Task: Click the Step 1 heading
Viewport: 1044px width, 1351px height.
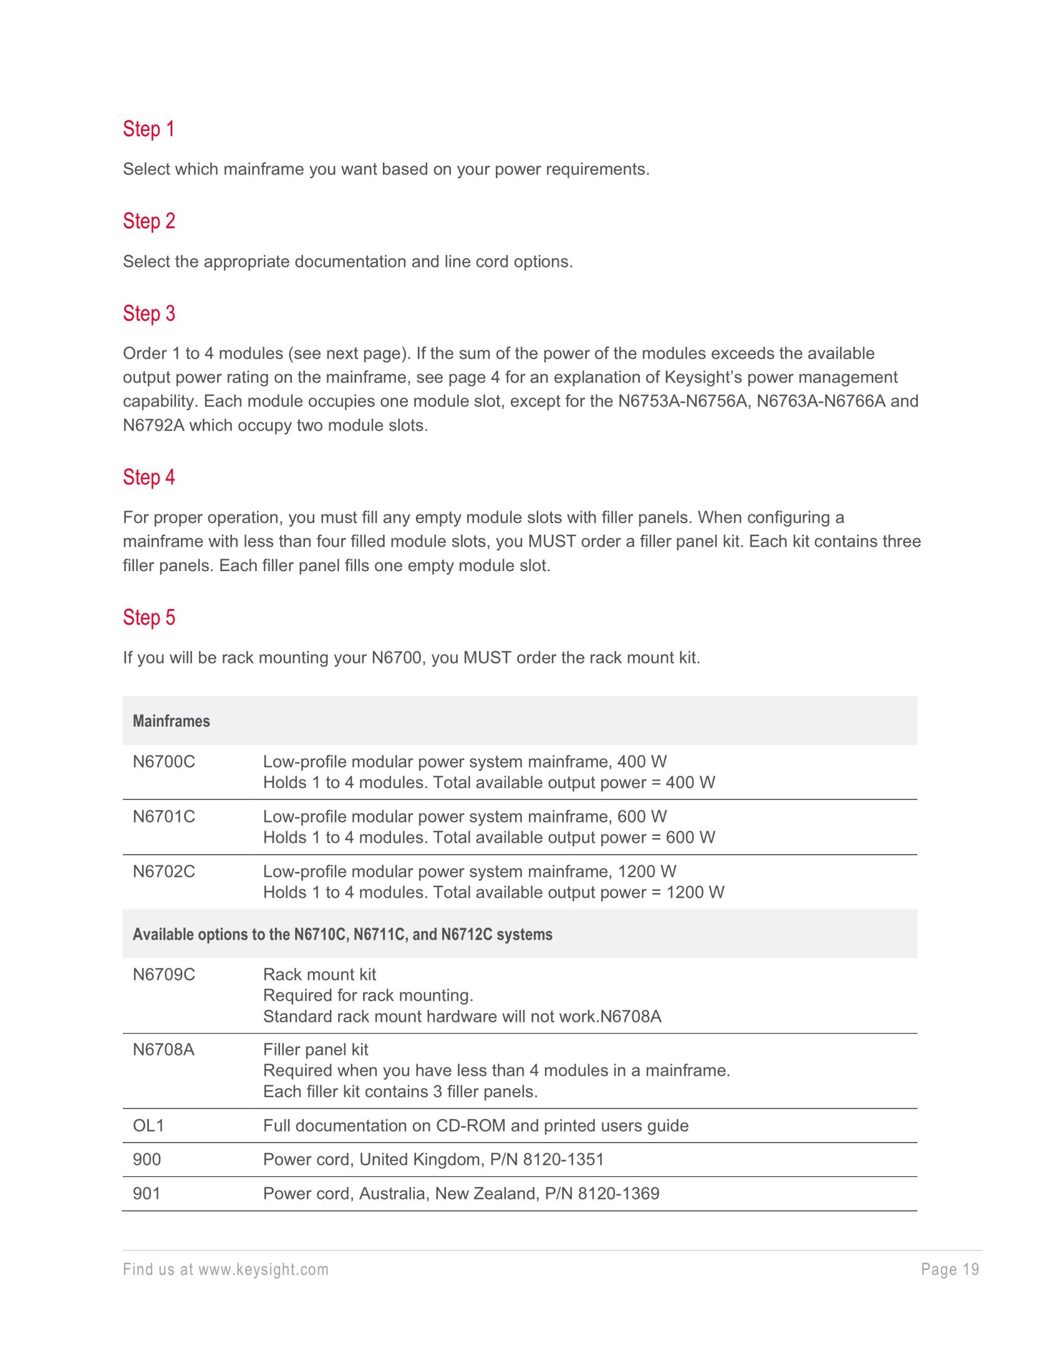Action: [148, 129]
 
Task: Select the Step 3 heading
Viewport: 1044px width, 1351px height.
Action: [148, 314]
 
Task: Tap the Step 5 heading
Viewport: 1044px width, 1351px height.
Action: [148, 617]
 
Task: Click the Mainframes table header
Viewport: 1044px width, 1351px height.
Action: [171, 721]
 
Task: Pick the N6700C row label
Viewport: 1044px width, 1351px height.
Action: [164, 762]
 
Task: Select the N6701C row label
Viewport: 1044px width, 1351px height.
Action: [164, 817]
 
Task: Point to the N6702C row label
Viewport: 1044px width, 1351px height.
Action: [164, 872]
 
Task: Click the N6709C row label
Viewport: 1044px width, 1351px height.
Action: [164, 975]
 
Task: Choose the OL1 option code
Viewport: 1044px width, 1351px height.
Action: [148, 1126]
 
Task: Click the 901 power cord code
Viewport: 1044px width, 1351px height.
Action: [147, 1194]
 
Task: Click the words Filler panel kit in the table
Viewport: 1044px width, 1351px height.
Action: [315, 1050]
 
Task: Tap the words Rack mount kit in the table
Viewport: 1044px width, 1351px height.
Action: [319, 975]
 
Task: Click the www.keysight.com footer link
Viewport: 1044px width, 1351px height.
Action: [264, 1270]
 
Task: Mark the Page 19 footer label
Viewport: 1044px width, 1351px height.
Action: [950, 1270]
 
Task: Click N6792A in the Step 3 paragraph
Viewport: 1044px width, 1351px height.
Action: [154, 426]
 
